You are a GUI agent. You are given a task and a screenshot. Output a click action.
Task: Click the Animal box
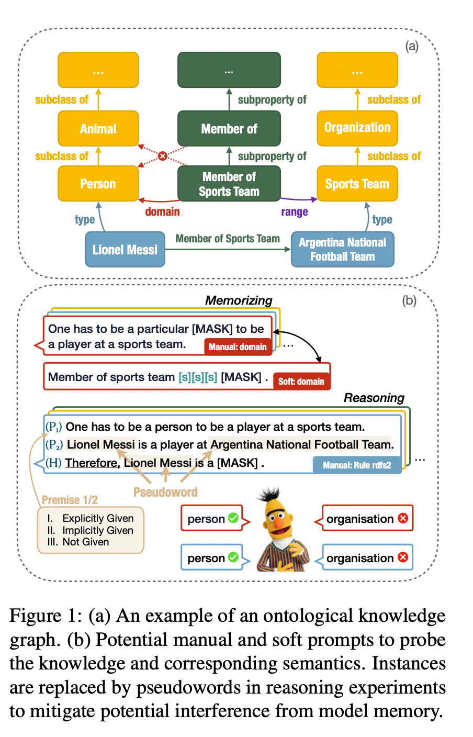point(98,129)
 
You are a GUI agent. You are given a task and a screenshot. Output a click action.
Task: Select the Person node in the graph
point(98,184)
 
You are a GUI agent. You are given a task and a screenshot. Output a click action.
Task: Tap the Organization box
point(357,128)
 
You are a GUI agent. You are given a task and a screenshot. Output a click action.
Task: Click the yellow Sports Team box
point(357,184)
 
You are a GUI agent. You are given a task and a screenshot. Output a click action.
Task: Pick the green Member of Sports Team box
point(229,184)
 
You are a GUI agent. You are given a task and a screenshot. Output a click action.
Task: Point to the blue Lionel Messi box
point(125,250)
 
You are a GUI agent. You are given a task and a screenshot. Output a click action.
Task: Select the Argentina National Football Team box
point(342,250)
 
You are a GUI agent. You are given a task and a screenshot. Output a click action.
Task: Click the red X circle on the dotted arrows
point(163,156)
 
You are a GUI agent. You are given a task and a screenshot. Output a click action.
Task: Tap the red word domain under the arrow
point(163,211)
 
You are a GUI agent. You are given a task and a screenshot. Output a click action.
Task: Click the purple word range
point(295,212)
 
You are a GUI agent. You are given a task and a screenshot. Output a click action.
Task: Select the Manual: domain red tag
point(238,347)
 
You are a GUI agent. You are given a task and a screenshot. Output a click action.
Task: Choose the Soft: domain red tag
point(301,381)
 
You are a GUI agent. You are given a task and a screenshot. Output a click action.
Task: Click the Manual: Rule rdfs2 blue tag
point(357,465)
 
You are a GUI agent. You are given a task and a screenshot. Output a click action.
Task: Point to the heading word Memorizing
point(239,300)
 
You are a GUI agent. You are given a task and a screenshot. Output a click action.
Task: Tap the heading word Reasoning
point(374,398)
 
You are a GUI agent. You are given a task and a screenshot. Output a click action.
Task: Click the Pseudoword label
point(165,492)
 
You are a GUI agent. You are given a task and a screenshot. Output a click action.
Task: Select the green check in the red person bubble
point(233,518)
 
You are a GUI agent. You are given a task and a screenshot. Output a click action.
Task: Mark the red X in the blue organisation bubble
point(403,557)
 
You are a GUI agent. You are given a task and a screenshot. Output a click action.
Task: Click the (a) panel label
point(412,46)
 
